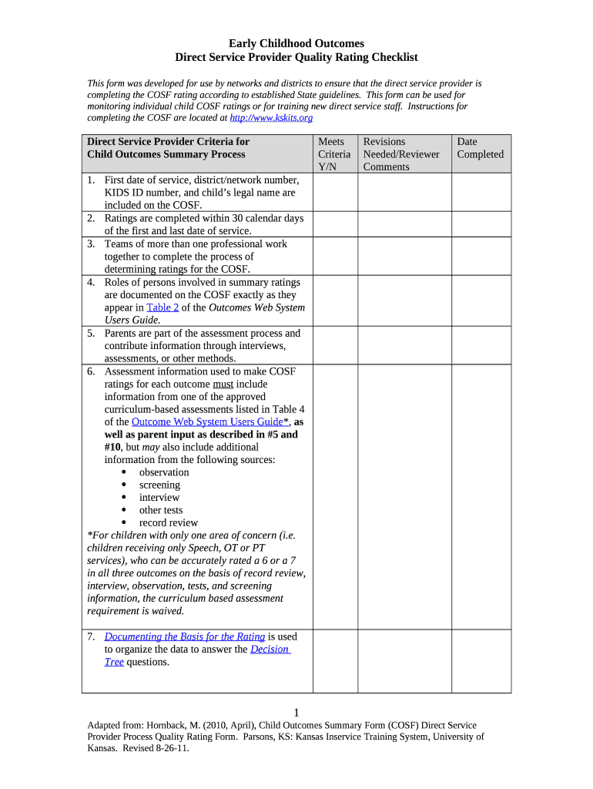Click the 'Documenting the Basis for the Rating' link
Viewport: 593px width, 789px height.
pyautogui.click(x=185, y=636)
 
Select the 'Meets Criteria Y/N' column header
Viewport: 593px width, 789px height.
pyautogui.click(x=334, y=154)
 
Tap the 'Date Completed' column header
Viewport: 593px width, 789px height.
pyautogui.click(x=480, y=148)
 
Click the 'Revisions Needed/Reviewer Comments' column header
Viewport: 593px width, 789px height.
pyautogui.click(x=400, y=154)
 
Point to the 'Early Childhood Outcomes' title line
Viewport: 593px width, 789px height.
pyautogui.click(x=296, y=43)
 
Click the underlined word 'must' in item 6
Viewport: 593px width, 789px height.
pyautogui.click(x=223, y=384)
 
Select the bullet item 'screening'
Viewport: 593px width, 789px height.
pyautogui.click(x=159, y=485)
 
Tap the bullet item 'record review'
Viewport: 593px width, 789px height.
pyautogui.click(x=168, y=522)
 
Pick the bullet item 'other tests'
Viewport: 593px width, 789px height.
pyautogui.click(x=161, y=510)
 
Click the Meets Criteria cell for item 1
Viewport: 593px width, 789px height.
pyautogui.click(x=334, y=192)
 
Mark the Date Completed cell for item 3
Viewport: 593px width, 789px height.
pyautogui.click(x=481, y=256)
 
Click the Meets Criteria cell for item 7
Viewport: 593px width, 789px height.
pyautogui.click(x=334, y=660)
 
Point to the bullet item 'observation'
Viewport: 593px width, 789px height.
pyautogui.click(x=163, y=472)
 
